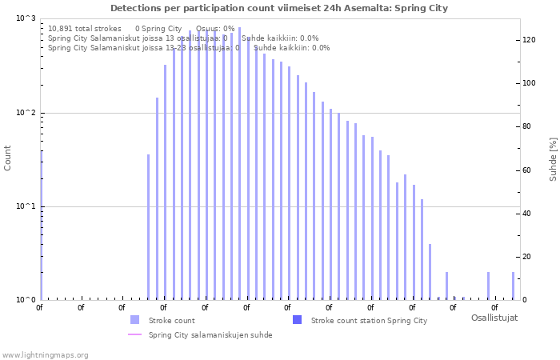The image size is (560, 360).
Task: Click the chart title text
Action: (x=279, y=8)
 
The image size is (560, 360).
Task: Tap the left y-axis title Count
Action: (x=8, y=158)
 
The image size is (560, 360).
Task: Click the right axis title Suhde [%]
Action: (x=552, y=158)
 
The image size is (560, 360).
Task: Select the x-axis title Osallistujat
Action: (x=494, y=318)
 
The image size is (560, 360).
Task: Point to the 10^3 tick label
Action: (x=26, y=18)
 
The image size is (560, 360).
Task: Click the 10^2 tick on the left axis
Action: (x=26, y=113)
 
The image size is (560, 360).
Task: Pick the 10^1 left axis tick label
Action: (x=26, y=206)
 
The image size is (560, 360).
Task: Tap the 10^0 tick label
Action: (x=26, y=300)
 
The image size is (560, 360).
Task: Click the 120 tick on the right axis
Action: (x=529, y=40)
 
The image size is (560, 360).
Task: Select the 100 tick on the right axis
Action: (x=529, y=83)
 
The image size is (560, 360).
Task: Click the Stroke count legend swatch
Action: (x=134, y=320)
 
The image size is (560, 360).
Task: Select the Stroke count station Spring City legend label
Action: (x=369, y=320)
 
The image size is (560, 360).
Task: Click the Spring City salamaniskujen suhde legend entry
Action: (x=210, y=335)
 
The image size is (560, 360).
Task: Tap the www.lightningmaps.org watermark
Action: (x=45, y=354)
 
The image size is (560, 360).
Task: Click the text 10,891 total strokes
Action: (x=85, y=28)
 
